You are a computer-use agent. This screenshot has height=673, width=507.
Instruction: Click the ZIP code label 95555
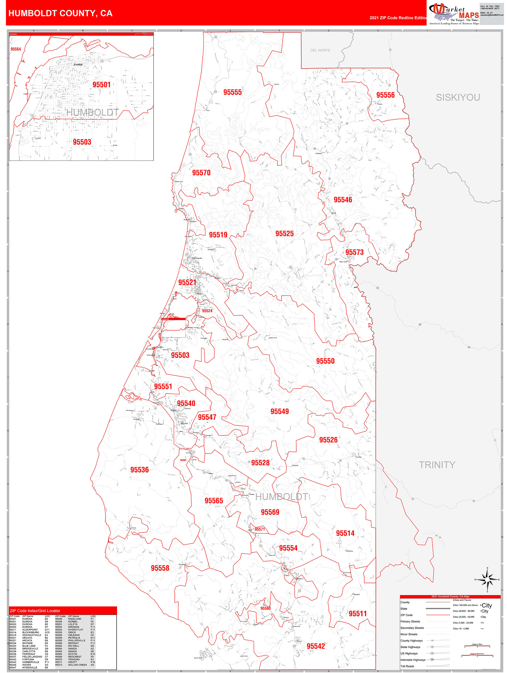click(x=232, y=92)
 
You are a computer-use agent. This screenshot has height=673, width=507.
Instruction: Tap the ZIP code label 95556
click(x=385, y=95)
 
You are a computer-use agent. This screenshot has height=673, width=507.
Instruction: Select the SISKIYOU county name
click(x=458, y=97)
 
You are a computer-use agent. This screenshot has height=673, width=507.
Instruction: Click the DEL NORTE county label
click(x=320, y=50)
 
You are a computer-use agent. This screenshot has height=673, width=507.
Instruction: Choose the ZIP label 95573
click(x=354, y=252)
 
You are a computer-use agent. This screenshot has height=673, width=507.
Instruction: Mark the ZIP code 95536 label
click(x=140, y=470)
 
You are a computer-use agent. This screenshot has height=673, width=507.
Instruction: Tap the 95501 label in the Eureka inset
click(x=102, y=85)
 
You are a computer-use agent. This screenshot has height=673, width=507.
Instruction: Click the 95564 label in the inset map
click(x=16, y=49)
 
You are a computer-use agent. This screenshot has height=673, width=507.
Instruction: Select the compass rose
click(x=487, y=580)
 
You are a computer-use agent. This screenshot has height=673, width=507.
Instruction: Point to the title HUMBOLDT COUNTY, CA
click(x=60, y=13)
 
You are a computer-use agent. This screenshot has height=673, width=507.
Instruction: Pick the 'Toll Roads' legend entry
click(x=407, y=666)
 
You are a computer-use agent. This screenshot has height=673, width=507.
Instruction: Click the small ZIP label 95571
click(x=260, y=529)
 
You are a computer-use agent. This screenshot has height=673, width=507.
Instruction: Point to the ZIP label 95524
click(x=207, y=311)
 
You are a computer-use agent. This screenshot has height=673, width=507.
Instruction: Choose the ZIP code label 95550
click(x=325, y=361)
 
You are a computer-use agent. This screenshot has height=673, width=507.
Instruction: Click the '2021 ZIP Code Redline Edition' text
click(x=398, y=18)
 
